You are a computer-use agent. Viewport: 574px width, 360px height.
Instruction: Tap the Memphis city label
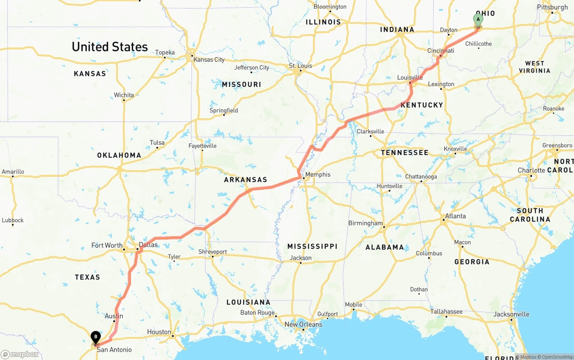(x=318, y=174)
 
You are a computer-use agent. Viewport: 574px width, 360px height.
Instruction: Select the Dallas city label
(x=148, y=245)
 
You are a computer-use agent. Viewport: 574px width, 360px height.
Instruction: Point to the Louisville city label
(x=410, y=78)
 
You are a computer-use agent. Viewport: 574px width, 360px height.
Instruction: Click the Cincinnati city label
(x=440, y=51)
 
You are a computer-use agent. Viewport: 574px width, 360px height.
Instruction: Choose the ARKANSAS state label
(x=246, y=180)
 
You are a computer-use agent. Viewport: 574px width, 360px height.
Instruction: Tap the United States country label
(x=110, y=47)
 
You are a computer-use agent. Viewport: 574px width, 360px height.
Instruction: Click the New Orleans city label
(x=303, y=324)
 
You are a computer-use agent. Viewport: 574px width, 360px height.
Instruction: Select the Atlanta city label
(x=456, y=216)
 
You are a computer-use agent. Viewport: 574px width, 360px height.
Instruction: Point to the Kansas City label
(x=209, y=60)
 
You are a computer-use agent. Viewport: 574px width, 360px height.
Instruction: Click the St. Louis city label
(x=300, y=66)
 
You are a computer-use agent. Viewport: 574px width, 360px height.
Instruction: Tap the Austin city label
(x=114, y=316)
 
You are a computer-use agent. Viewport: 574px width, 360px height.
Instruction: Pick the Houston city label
(x=159, y=332)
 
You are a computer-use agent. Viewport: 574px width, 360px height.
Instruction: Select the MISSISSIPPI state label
(x=313, y=247)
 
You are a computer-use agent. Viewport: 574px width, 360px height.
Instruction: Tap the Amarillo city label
(x=13, y=172)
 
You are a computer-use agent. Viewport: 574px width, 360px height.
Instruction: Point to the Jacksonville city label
(x=511, y=314)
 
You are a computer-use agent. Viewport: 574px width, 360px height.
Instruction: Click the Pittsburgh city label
(x=552, y=7)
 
